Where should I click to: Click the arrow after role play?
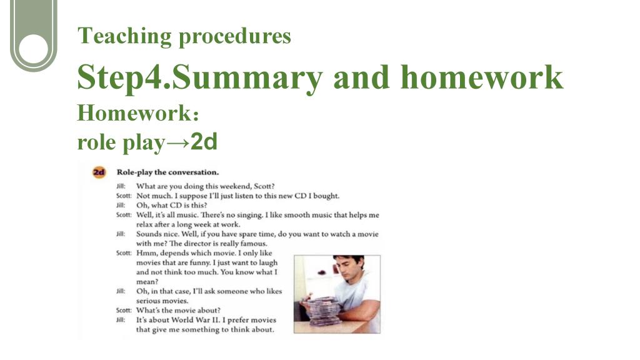[x=178, y=142]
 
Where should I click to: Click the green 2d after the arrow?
[x=204, y=142]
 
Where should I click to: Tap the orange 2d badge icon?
[x=99, y=172]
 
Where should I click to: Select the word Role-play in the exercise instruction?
[x=134, y=172]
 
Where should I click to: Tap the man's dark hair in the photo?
[x=348, y=262]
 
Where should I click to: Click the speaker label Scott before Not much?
[x=124, y=196]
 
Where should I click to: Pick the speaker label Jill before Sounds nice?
[x=121, y=234]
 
